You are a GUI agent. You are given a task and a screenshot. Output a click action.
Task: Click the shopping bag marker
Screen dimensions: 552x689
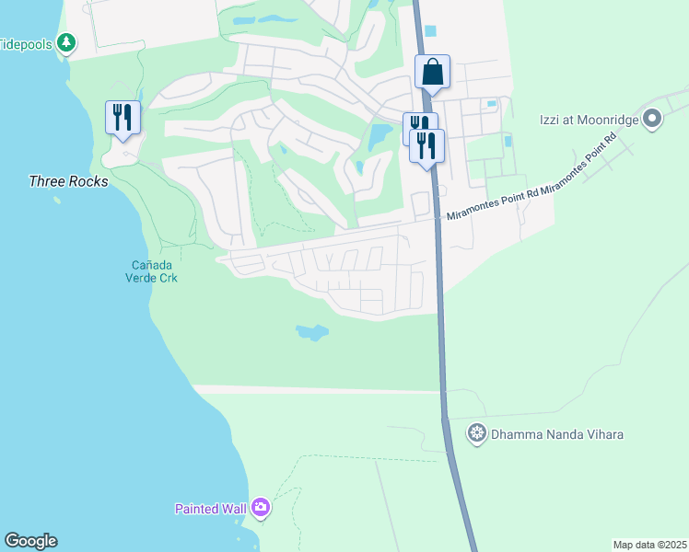(x=432, y=72)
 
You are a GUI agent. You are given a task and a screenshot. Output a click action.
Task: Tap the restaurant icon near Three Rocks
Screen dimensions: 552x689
(x=123, y=118)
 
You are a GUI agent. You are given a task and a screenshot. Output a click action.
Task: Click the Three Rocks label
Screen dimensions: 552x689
(x=68, y=181)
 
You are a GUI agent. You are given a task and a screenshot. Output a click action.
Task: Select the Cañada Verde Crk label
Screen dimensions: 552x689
(x=151, y=271)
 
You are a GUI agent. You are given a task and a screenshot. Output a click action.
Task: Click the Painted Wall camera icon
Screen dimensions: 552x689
(x=261, y=508)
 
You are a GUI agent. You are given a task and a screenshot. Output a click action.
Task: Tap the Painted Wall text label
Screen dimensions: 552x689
(x=210, y=509)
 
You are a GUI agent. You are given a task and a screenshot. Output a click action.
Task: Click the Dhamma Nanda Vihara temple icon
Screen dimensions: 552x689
(x=477, y=432)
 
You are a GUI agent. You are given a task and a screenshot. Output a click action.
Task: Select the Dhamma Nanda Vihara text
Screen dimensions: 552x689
(x=548, y=432)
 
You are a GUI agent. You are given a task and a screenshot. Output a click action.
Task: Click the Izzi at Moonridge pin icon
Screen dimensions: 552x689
(x=653, y=118)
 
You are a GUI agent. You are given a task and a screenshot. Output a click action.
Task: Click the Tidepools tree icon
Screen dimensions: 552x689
(x=65, y=42)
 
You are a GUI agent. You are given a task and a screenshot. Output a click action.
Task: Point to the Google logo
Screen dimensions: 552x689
(x=30, y=541)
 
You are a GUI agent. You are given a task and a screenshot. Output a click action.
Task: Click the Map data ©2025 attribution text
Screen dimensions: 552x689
(x=648, y=545)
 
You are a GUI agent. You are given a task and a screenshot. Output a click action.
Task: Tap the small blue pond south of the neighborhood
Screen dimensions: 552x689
(x=312, y=331)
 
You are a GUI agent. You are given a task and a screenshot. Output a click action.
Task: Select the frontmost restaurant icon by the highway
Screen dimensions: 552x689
(x=426, y=145)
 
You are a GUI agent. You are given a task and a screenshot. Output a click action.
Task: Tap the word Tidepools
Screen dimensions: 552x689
(x=26, y=43)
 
